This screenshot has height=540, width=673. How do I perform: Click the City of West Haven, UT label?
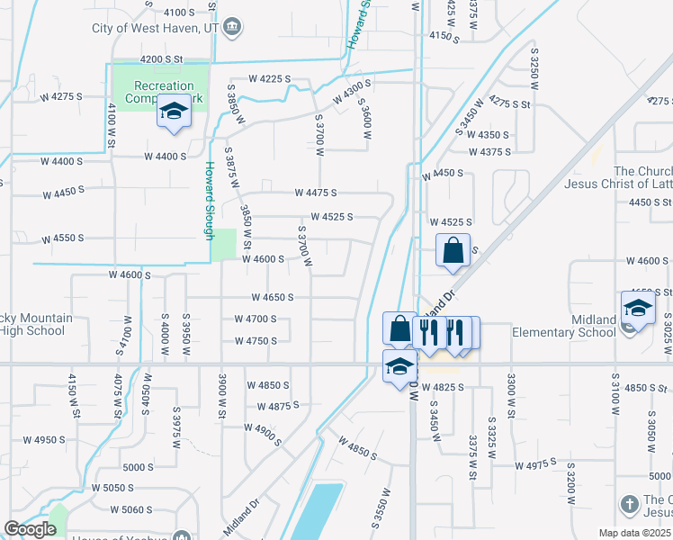click(155, 28)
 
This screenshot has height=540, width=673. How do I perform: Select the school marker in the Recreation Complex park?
click(174, 112)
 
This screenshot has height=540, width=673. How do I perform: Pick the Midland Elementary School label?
click(563, 326)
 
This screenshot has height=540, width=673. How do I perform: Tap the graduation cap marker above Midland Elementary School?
click(638, 309)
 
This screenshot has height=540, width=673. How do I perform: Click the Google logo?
click(30, 529)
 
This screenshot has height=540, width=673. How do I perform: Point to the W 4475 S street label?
click(315, 193)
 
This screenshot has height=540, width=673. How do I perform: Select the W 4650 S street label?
click(273, 297)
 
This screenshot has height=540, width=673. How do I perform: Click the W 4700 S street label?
click(255, 319)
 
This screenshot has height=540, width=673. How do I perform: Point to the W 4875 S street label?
click(278, 406)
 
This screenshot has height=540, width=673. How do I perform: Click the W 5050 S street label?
click(112, 488)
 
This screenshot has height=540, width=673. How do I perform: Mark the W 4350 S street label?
click(489, 135)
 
